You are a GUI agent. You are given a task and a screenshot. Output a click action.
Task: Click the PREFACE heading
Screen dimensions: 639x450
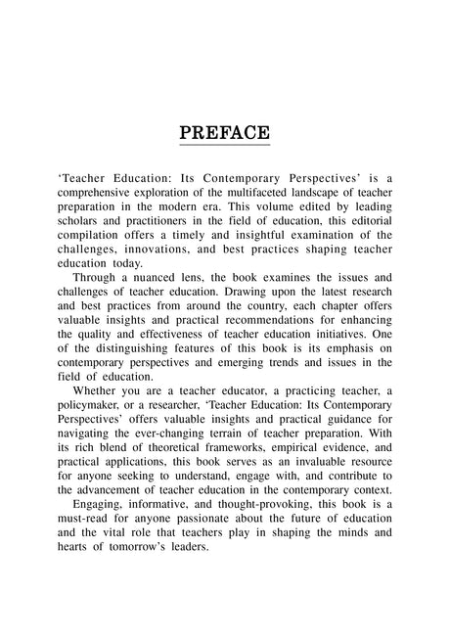click(225, 131)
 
